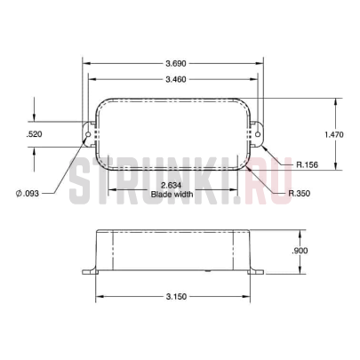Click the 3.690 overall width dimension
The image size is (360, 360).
[x=176, y=63]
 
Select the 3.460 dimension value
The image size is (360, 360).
[x=176, y=79]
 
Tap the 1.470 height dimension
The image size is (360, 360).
[x=334, y=134]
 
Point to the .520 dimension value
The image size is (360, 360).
[x=34, y=134]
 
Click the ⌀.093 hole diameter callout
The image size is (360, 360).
[x=28, y=194]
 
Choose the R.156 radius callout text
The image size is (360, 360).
[x=307, y=164]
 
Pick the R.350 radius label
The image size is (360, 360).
[x=300, y=194]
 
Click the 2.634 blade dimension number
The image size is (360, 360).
[x=172, y=186]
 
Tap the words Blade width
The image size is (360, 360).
[x=172, y=194]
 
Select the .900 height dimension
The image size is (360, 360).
[x=300, y=251]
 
